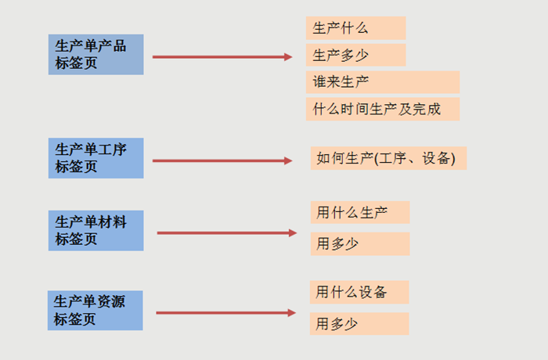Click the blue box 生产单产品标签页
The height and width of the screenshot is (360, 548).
click(x=96, y=54)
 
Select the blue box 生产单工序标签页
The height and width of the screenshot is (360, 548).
click(x=96, y=158)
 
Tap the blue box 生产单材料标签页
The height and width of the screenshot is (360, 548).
click(x=96, y=230)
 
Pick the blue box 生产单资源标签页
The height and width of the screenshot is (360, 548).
click(x=96, y=310)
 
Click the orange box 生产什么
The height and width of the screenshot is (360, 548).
click(x=355, y=28)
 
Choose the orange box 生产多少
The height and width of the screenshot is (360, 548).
click(x=355, y=55)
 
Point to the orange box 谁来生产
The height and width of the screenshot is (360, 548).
click(x=382, y=82)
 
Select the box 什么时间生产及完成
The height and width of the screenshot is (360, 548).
click(x=382, y=109)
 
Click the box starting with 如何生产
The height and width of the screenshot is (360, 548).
click(x=388, y=158)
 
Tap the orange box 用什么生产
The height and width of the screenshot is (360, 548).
click(x=359, y=212)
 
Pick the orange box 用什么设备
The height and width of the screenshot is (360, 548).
click(x=359, y=293)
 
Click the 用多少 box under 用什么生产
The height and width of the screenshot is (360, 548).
click(x=359, y=243)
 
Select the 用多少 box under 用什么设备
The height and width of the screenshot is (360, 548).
click(x=359, y=323)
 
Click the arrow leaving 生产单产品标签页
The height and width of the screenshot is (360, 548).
click(x=219, y=56)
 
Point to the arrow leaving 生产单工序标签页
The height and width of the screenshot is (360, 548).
click(x=219, y=161)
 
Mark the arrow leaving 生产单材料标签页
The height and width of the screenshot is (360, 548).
click(x=223, y=232)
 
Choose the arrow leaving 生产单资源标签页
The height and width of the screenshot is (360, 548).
click(x=222, y=313)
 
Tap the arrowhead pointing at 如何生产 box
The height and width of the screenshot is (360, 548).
click(x=287, y=161)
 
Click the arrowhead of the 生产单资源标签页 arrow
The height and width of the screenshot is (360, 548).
click(x=291, y=313)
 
